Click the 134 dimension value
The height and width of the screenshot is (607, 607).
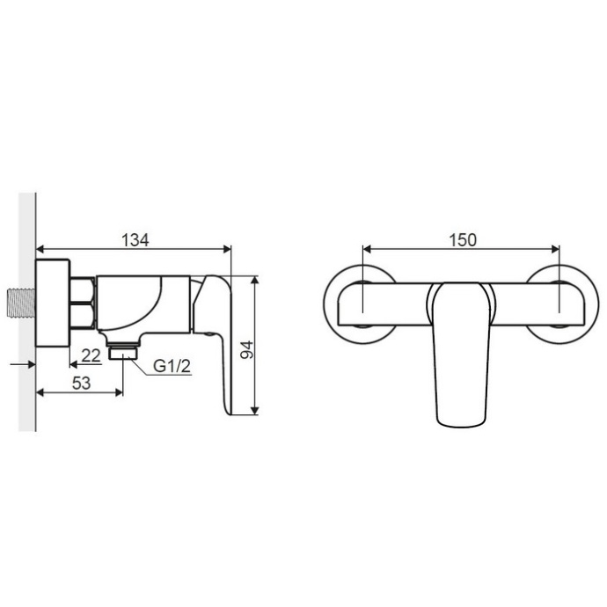(x=135, y=240)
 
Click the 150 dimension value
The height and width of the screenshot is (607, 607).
(x=463, y=240)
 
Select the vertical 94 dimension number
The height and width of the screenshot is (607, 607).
(x=246, y=350)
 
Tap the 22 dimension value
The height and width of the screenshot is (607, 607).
(x=91, y=355)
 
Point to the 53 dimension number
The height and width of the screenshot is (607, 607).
(x=81, y=383)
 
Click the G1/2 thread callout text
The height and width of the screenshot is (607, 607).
(x=172, y=366)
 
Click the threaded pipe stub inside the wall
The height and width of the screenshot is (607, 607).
(x=22, y=303)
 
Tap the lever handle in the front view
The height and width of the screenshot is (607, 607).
(x=461, y=355)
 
